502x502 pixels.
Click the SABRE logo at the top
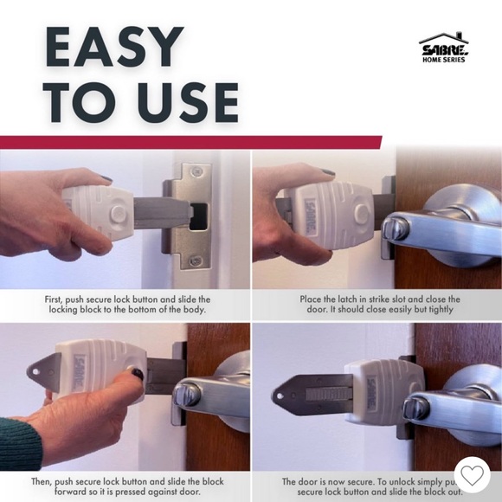(444, 47)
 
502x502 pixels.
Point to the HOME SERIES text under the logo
(444, 60)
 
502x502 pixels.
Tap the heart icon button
(472, 474)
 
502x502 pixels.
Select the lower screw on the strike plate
(198, 260)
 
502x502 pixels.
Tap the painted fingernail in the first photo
(105, 178)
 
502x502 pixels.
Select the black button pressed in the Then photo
(136, 374)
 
